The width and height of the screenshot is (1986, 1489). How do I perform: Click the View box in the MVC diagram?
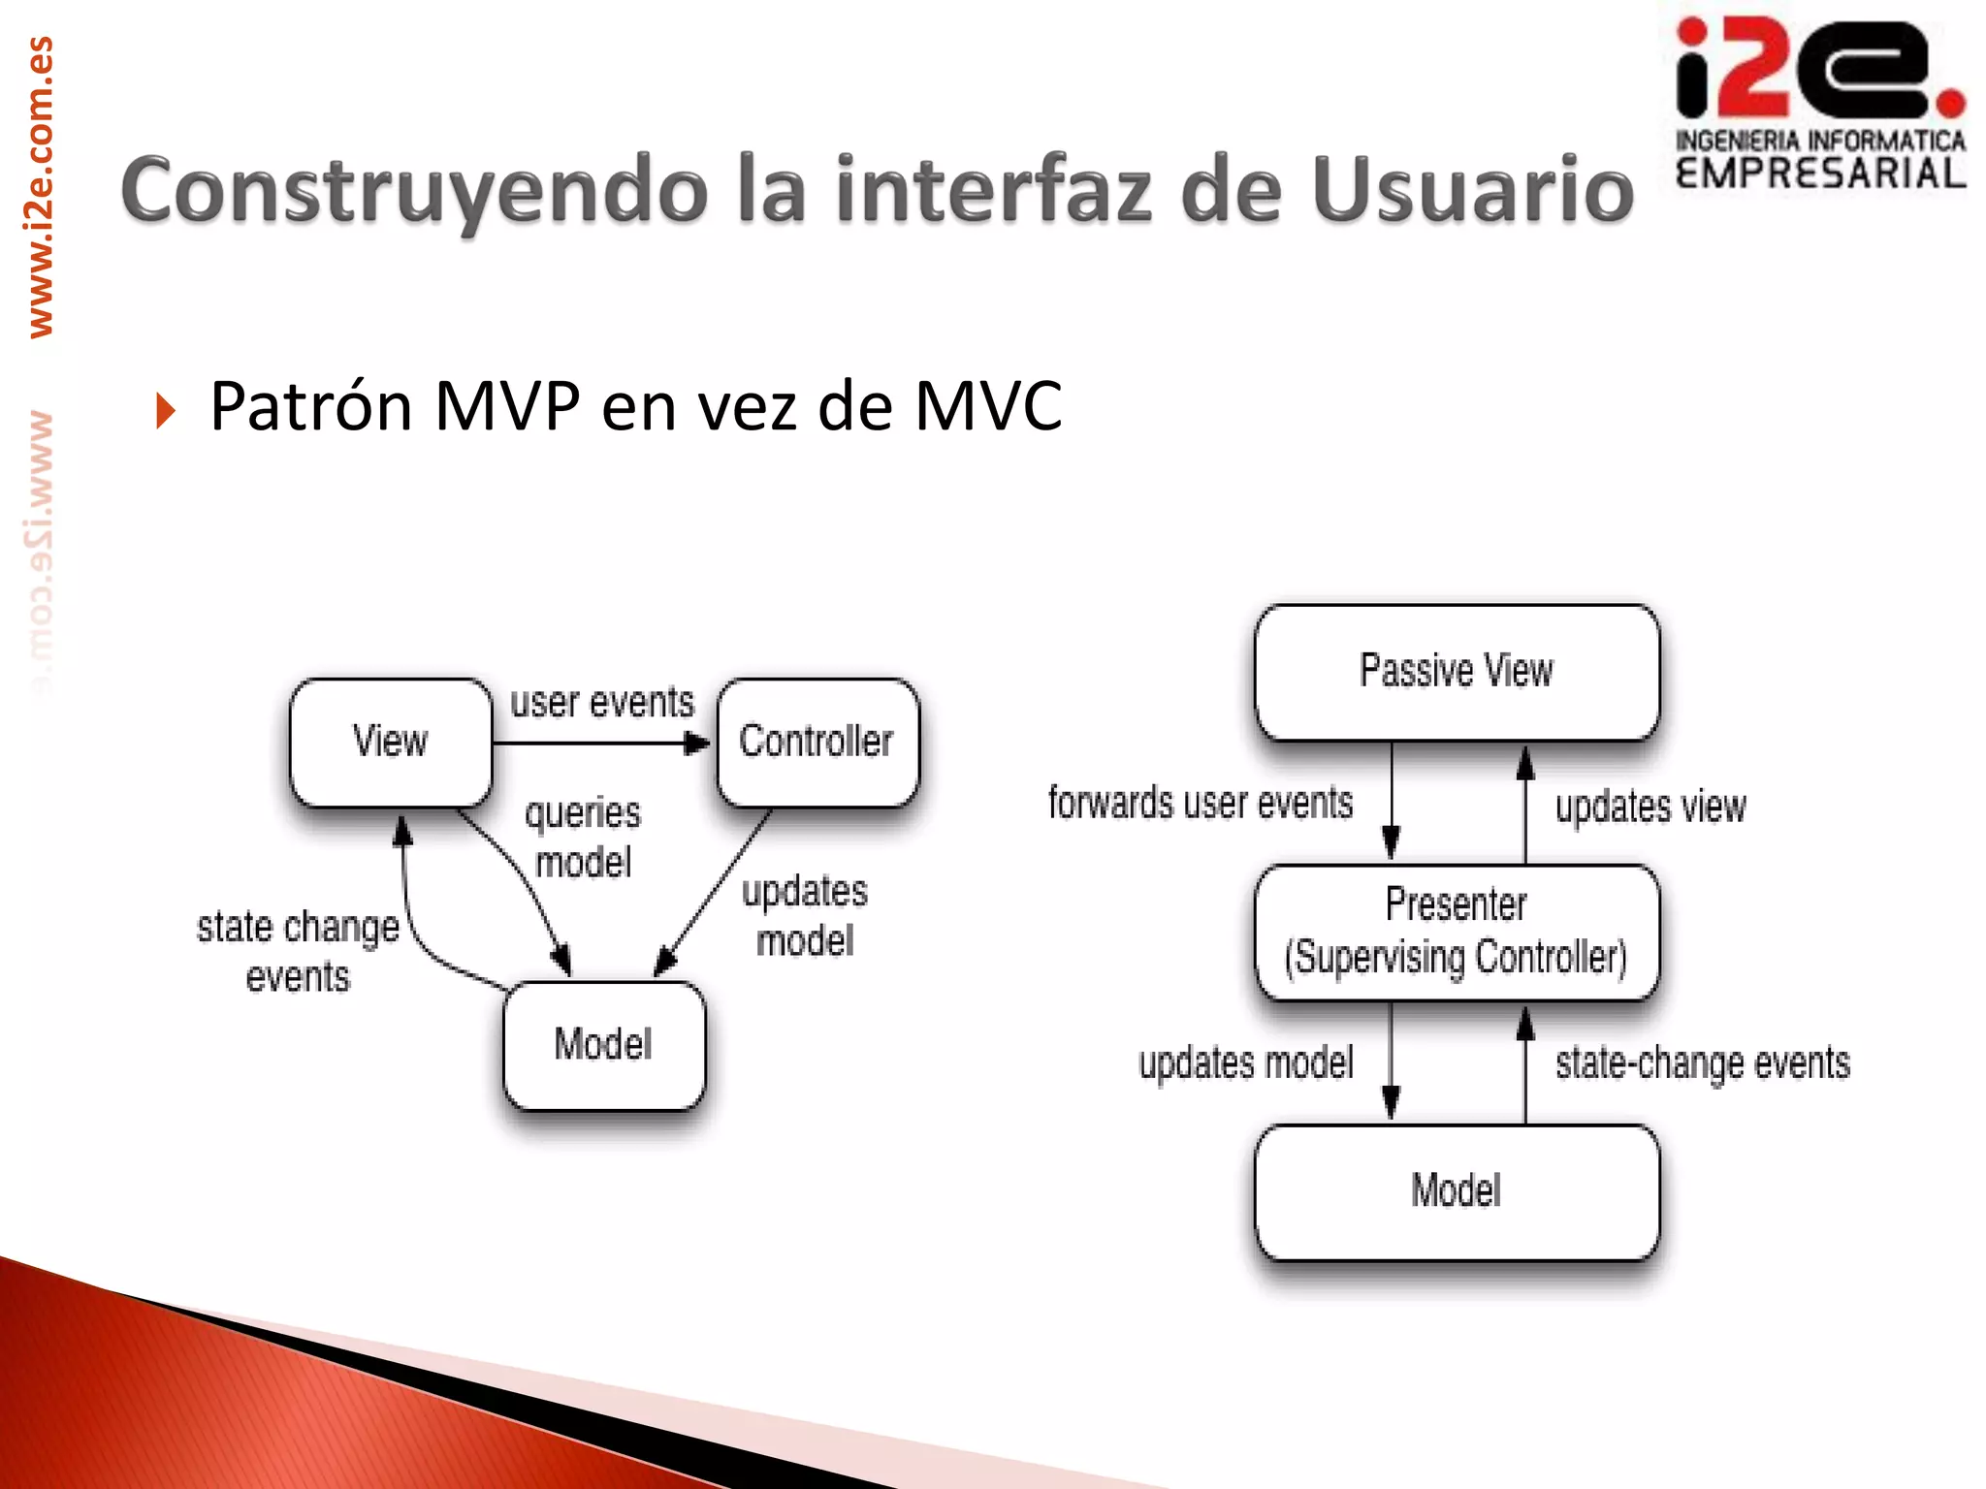coord(391,742)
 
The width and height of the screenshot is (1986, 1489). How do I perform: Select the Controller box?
coord(817,742)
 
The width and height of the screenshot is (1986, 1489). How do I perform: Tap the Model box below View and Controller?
coord(604,1045)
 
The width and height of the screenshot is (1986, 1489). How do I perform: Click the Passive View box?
coord(1457,672)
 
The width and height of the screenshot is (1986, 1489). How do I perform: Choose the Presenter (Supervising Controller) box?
coord(1457,932)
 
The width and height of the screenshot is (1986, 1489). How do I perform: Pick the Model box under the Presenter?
coord(1457,1191)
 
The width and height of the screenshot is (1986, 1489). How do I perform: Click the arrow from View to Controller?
coord(601,744)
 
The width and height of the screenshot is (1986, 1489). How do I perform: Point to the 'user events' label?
coord(602,702)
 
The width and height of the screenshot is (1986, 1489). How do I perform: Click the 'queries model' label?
coord(584,838)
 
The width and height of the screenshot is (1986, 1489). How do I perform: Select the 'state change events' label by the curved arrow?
coord(298,952)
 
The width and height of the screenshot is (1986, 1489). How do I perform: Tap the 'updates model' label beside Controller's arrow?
coord(805,916)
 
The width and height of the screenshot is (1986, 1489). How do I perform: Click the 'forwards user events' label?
coord(1201,804)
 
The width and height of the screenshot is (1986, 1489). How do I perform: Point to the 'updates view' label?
coord(1650,807)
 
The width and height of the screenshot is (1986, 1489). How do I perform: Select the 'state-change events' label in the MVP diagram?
coord(1703,1063)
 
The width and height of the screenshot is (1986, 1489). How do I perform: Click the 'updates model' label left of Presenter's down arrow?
coord(1246,1063)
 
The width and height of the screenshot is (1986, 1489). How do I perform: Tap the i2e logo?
coord(1820,102)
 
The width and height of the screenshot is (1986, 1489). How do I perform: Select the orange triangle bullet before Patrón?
coord(166,410)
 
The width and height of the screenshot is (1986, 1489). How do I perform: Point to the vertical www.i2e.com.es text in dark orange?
coord(41,186)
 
